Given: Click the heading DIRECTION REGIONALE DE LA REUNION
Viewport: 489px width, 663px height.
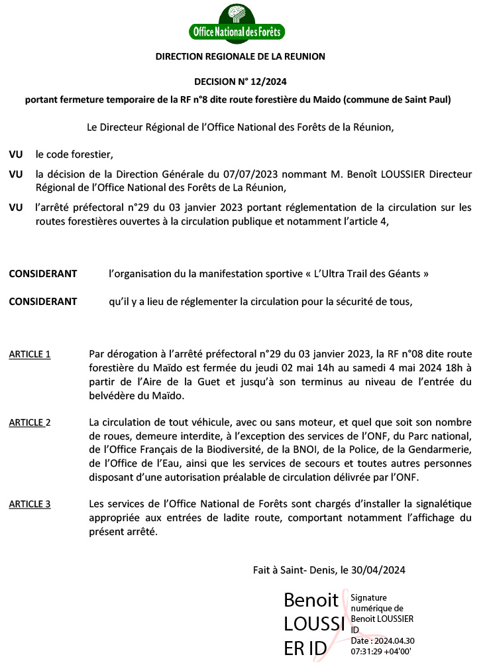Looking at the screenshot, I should pyautogui.click(x=241, y=56).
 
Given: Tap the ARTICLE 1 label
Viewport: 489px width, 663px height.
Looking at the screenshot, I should pyautogui.click(x=30, y=354).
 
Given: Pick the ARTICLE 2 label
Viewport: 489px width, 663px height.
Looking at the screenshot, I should pyautogui.click(x=30, y=422).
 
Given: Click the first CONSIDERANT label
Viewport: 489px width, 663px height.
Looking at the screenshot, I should pyautogui.click(x=42, y=274).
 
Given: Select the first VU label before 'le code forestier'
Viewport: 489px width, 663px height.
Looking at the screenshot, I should pyautogui.click(x=16, y=154).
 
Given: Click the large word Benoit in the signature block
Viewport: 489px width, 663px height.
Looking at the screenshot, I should pyautogui.click(x=311, y=600).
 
